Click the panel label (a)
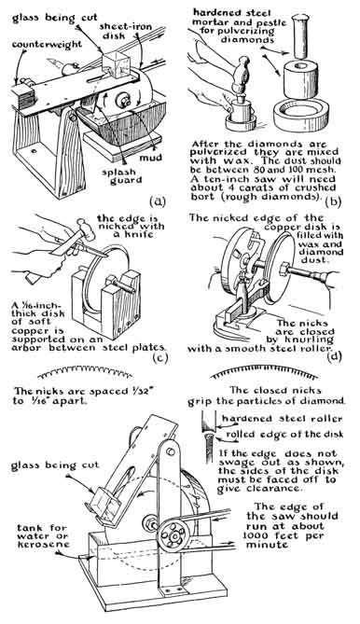tap(157, 201)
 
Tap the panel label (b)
tap(333, 202)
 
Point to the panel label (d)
tap(334, 356)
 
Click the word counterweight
tap(47, 44)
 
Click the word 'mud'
tap(150, 158)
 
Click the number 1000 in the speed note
tap(257, 535)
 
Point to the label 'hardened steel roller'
tap(282, 419)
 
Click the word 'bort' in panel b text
tap(203, 196)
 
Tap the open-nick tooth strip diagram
tap(85, 372)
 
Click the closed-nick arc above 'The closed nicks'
tap(264, 373)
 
